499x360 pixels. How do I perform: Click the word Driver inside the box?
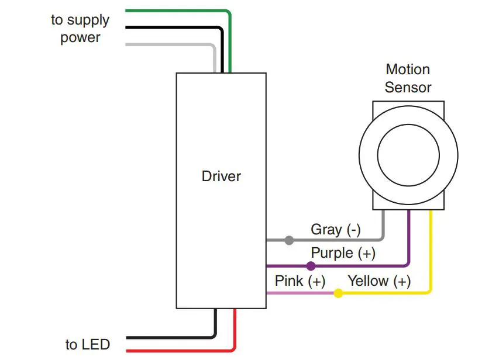tap(221, 176)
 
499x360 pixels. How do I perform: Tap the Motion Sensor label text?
tap(408, 78)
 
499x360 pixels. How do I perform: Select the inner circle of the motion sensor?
tap(408, 155)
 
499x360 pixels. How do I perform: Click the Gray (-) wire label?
tap(335, 230)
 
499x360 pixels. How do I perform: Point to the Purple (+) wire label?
tap(343, 254)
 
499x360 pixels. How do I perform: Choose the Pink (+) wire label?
tap(300, 281)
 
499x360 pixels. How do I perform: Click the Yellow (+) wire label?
tap(379, 281)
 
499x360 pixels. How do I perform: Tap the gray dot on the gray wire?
tap(289, 240)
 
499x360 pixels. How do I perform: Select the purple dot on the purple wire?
tap(311, 266)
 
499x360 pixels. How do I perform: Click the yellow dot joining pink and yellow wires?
tap(338, 293)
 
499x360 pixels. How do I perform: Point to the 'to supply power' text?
tap(80, 29)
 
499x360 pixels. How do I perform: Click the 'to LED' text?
tap(88, 345)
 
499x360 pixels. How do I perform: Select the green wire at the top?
tap(175, 11)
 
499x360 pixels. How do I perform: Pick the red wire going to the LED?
tap(175, 351)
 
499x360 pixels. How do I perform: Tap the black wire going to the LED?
tap(170, 337)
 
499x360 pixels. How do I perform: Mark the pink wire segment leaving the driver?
tap(298, 293)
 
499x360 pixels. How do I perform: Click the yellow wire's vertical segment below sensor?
tap(431, 251)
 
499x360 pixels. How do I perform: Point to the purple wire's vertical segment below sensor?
tap(408, 237)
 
